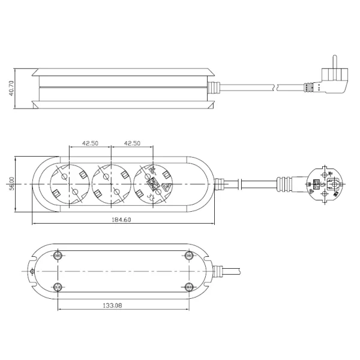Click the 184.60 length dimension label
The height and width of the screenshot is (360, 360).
(x=121, y=220)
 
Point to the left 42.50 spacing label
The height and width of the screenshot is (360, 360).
(x=90, y=143)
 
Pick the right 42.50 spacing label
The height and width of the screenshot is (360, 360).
(x=131, y=143)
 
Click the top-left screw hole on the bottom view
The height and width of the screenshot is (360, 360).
(x=58, y=256)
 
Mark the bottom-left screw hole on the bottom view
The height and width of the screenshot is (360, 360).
(x=58, y=286)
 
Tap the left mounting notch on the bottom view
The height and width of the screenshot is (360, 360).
(x=31, y=271)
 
